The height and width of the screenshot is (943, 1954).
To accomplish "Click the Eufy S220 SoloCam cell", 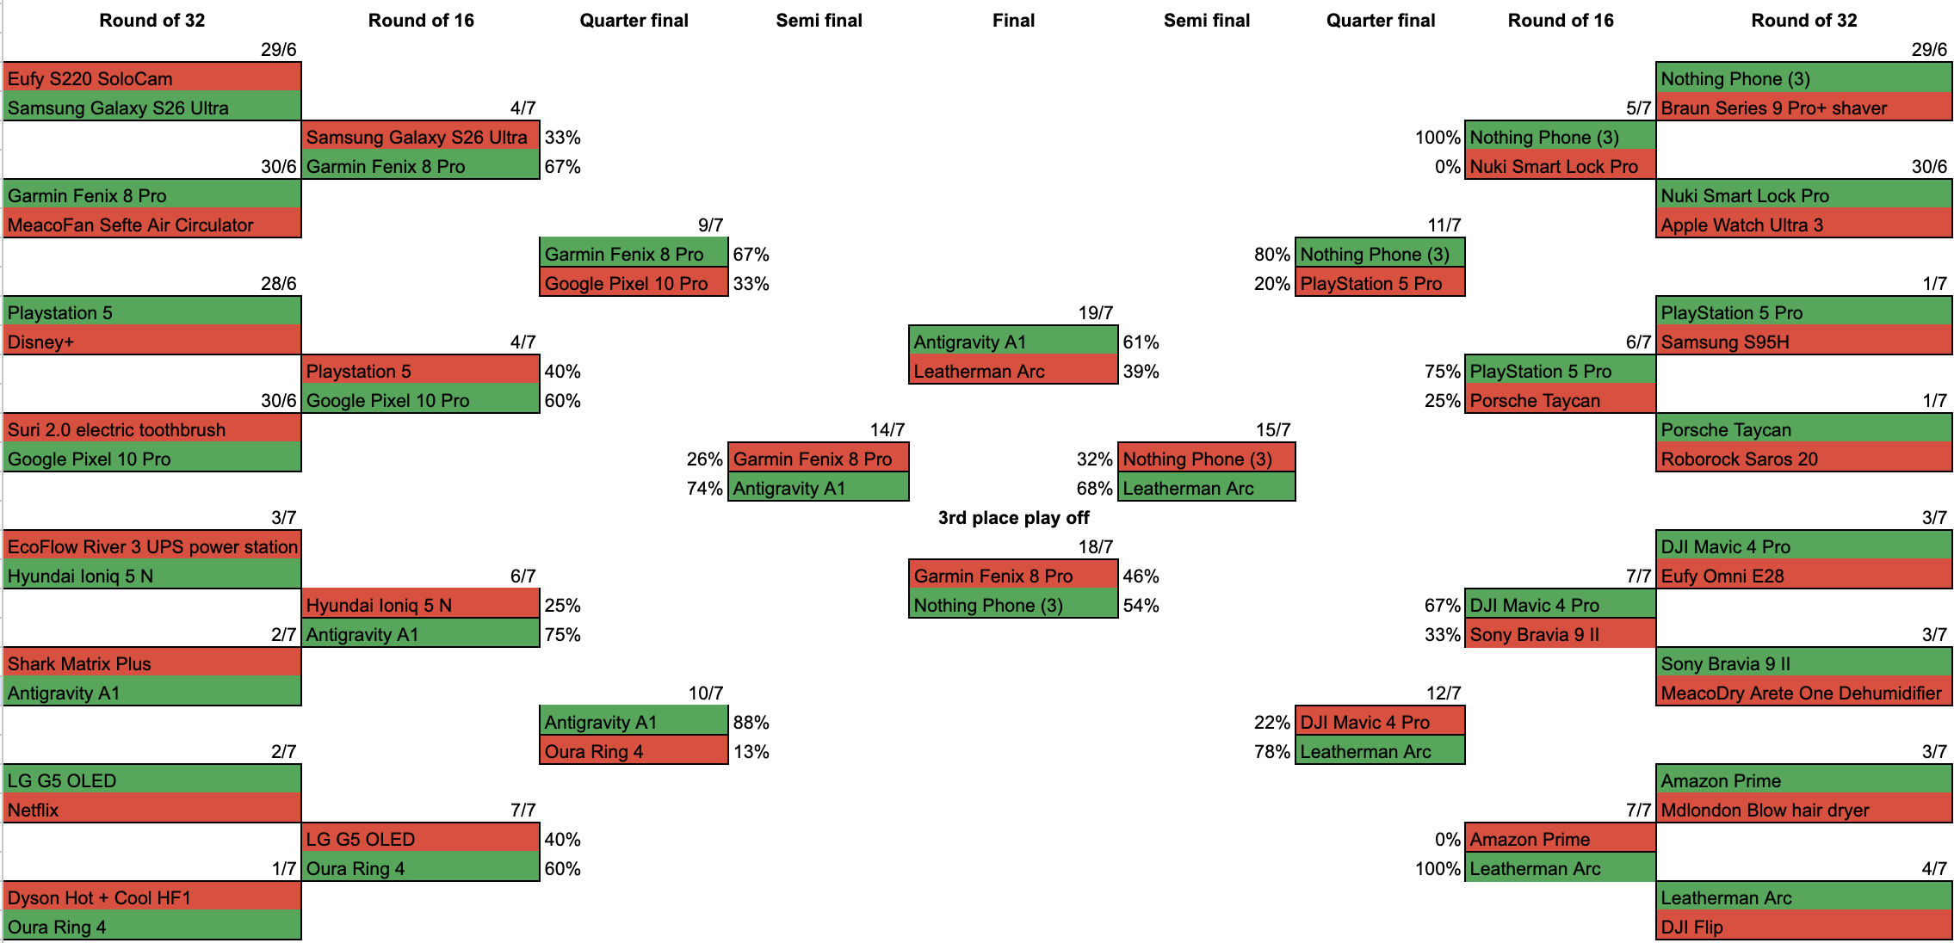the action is [x=152, y=78].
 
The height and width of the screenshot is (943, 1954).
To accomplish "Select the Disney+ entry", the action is [x=152, y=342].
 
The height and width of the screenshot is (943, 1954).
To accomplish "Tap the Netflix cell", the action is [x=152, y=810].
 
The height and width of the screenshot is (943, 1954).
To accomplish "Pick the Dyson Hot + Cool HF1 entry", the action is [x=152, y=897].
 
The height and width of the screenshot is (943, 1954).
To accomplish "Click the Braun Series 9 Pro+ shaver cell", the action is [x=1803, y=108].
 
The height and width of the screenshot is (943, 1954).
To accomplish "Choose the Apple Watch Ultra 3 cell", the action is [x=1803, y=225].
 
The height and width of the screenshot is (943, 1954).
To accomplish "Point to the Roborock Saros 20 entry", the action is [x=1803, y=459].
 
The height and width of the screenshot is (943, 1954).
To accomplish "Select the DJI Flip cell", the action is [x=1803, y=927].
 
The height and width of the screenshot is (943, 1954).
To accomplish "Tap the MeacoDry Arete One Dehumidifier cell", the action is [x=1803, y=693].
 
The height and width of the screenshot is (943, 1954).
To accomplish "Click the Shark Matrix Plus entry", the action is [x=152, y=663].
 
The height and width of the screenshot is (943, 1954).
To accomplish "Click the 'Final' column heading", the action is [x=1013, y=21].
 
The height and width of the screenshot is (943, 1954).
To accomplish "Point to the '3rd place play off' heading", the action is [x=1013, y=518].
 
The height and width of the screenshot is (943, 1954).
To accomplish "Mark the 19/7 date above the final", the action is [x=1096, y=312].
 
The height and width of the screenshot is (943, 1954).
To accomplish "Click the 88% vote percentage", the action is [x=751, y=723].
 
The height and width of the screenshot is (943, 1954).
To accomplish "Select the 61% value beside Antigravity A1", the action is [x=1141, y=342].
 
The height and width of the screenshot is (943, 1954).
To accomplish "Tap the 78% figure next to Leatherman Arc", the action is [x=1272, y=752].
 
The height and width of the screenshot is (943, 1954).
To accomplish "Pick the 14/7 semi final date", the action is [x=887, y=429].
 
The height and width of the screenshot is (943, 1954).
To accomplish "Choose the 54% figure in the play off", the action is [x=1141, y=606].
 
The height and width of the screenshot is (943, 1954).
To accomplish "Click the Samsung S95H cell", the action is [x=1803, y=342].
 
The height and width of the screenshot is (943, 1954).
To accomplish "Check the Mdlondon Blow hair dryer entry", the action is [x=1803, y=810].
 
